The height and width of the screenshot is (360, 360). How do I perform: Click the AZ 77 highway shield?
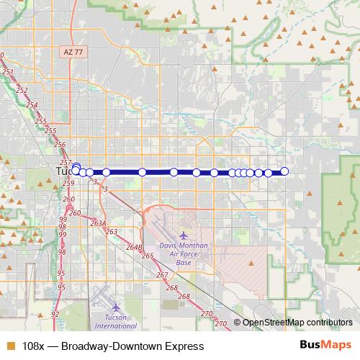(69, 53)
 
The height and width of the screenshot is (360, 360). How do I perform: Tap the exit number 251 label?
(8, 73)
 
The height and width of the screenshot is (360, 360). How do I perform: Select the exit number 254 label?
(32, 105)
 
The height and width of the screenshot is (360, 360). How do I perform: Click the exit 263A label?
(99, 224)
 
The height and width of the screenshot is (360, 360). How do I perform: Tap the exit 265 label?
(148, 256)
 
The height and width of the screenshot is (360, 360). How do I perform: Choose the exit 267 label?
(162, 275)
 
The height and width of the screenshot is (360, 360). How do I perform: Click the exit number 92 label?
(55, 315)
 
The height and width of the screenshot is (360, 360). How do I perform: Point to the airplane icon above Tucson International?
(105, 305)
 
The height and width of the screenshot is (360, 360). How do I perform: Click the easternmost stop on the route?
(284, 171)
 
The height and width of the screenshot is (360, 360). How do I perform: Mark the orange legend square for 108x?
(10, 346)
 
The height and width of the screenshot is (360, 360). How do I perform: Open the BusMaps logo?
(325, 345)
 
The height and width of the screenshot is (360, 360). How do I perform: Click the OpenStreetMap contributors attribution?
(297, 323)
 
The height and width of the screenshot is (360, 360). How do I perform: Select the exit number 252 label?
(22, 90)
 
